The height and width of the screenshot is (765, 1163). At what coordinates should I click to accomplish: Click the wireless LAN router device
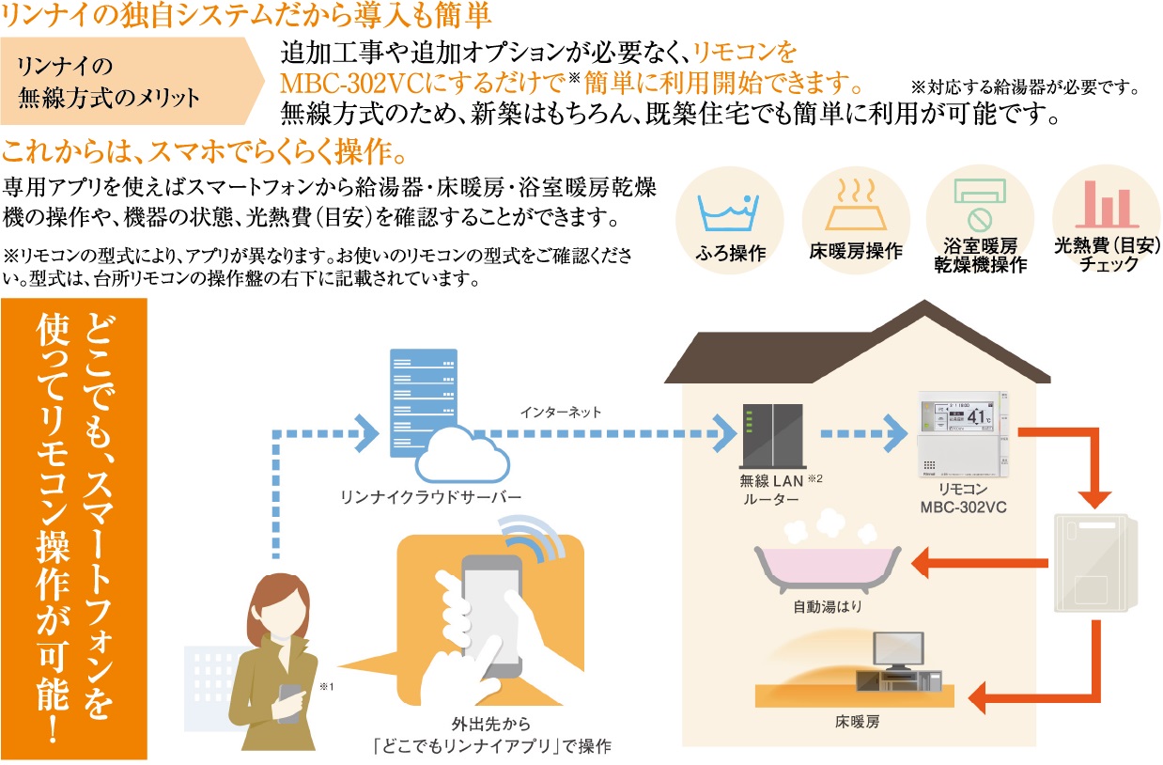click(x=773, y=434)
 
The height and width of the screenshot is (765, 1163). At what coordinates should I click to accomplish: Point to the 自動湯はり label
click(x=827, y=607)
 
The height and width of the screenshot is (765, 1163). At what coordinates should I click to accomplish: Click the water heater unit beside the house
click(x=1096, y=561)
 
